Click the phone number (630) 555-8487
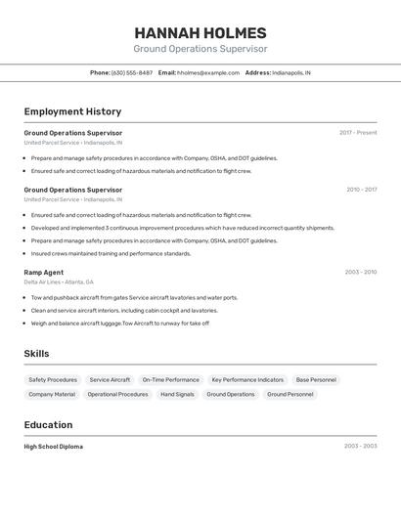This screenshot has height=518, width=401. click(x=131, y=72)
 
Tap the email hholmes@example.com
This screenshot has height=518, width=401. click(x=208, y=72)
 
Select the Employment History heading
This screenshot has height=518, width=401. click(x=72, y=111)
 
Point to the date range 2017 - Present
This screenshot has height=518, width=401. click(x=358, y=133)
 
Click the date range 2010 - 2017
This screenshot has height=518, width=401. click(x=361, y=190)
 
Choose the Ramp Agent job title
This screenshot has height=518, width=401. click(x=44, y=272)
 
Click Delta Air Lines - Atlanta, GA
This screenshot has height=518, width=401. click(x=66, y=281)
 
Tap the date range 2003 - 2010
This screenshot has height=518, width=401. click(x=361, y=272)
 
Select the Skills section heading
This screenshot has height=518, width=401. click(x=36, y=354)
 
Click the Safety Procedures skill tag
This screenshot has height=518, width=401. click(x=53, y=379)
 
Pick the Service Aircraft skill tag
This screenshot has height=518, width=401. click(x=110, y=379)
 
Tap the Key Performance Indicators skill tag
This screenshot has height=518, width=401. click(x=247, y=379)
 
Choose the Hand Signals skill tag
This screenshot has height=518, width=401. click(x=178, y=395)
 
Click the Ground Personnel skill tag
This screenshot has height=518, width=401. click(x=290, y=395)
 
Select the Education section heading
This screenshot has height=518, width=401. click(x=48, y=425)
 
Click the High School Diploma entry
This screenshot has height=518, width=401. click(x=54, y=447)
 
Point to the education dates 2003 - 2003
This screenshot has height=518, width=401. click(x=360, y=447)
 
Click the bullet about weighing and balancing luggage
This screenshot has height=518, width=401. click(x=119, y=324)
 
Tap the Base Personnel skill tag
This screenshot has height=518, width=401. click(x=316, y=379)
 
